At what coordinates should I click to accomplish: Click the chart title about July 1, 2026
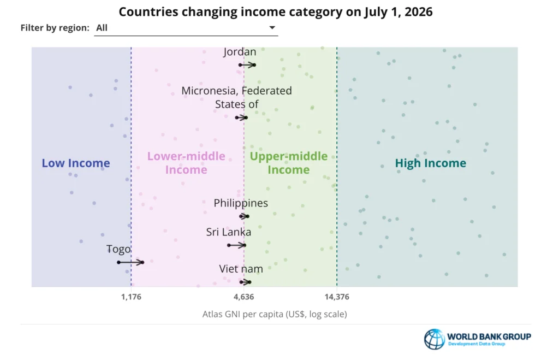[x=276, y=12]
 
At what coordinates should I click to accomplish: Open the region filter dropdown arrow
[x=272, y=27]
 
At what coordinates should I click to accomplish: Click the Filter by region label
[x=55, y=28]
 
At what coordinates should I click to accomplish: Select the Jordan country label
[x=240, y=52]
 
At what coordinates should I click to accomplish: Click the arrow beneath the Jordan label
[x=247, y=65]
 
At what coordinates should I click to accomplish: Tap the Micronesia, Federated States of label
[x=237, y=97]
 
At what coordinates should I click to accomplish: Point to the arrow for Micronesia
[x=241, y=117]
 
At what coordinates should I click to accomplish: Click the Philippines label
[x=241, y=203]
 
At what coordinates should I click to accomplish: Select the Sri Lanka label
[x=229, y=232]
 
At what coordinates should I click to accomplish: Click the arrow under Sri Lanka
[x=237, y=245]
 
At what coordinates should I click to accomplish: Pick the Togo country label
[x=118, y=249]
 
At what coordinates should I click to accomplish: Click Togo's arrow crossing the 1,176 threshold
[x=130, y=262]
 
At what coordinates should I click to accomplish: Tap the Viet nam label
[x=241, y=269]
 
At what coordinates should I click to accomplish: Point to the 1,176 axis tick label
[x=131, y=297]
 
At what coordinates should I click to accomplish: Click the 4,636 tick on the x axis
[x=244, y=297]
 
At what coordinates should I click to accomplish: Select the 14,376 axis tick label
[x=337, y=297]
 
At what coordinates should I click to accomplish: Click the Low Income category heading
[x=76, y=163]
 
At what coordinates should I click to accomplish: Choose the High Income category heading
[x=431, y=163]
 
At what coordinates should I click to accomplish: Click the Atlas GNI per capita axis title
[x=275, y=314]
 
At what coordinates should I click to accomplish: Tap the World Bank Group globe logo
[x=435, y=339]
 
